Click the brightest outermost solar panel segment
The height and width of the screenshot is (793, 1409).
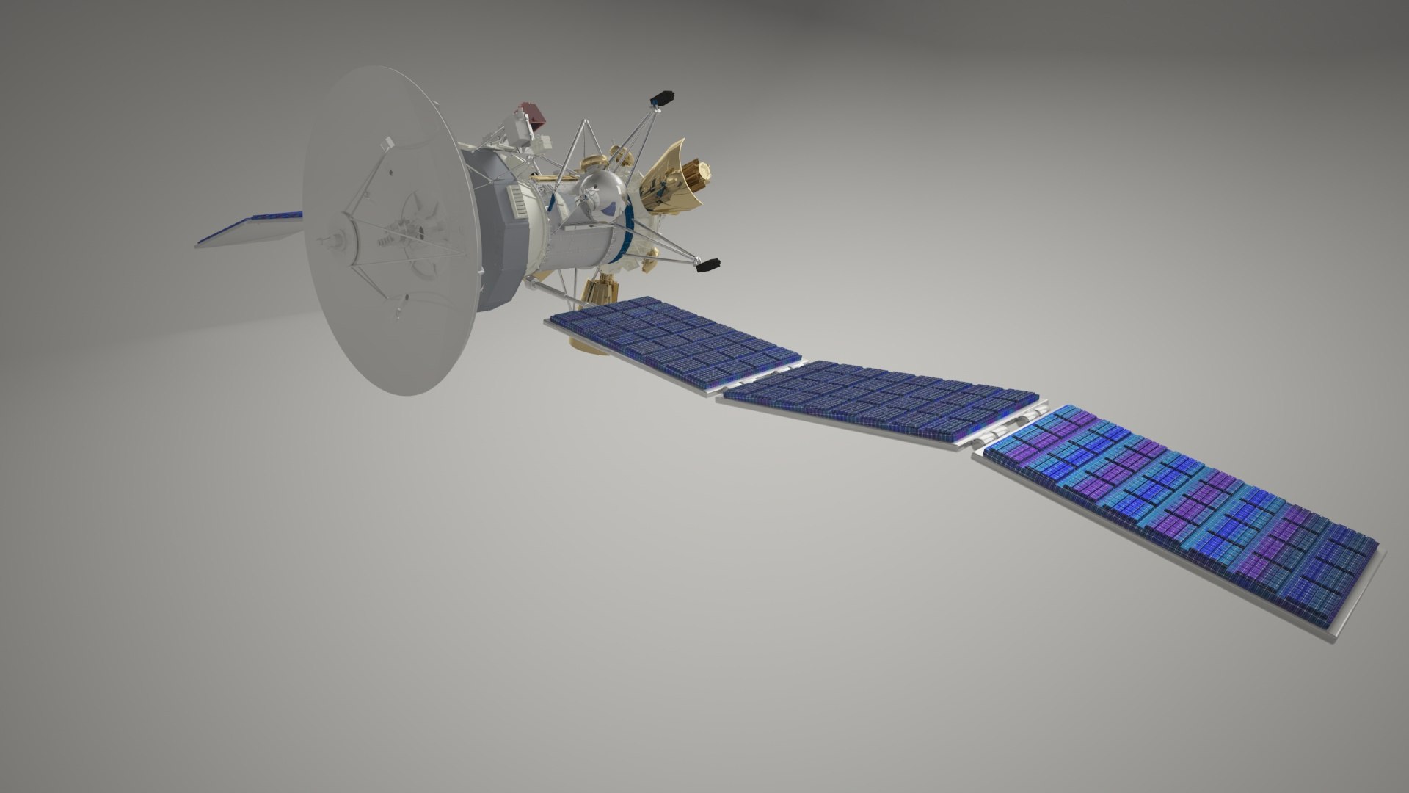(1182, 507)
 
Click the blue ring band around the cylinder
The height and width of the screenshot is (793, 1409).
(627, 235)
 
